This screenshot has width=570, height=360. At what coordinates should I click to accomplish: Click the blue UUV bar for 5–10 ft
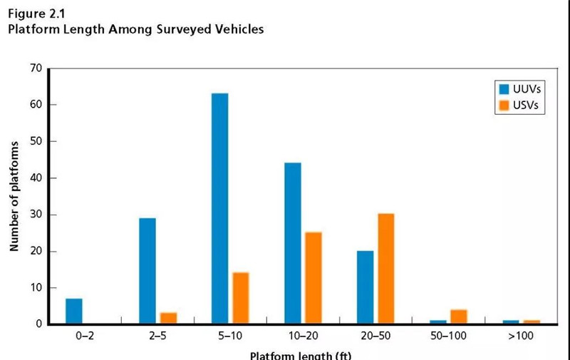pos(219,209)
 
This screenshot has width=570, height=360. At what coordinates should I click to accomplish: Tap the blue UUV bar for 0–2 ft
pos(74,312)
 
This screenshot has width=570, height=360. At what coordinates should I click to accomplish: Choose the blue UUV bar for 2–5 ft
pos(147,271)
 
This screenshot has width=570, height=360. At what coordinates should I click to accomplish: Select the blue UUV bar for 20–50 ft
pos(364,287)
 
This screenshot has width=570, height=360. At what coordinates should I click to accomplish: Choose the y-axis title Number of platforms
pos(14,195)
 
